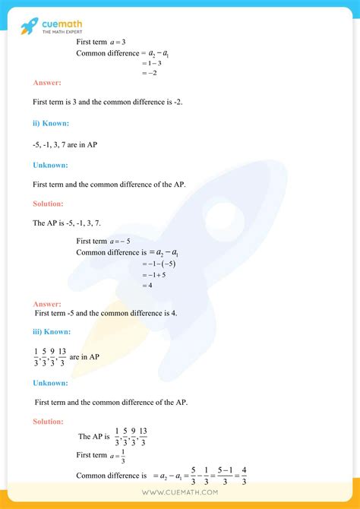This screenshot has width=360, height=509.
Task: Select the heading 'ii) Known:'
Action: coord(51,122)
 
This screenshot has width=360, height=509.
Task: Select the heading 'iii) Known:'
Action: coord(52,332)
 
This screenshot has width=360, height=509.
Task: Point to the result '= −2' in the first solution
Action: coord(149,73)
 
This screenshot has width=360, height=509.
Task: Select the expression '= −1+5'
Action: coord(154,274)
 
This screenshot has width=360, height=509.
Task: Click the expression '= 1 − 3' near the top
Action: coord(151,63)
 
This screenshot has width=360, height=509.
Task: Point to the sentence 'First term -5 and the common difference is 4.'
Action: coord(106,312)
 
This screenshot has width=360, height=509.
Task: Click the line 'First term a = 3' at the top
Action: coord(102,43)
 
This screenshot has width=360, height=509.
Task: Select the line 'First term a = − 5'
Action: coord(104,241)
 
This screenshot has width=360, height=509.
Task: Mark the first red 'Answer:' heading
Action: coord(47,81)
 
